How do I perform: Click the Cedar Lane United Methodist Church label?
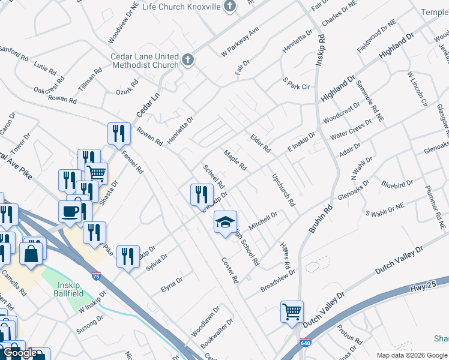145,61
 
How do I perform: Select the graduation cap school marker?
226,223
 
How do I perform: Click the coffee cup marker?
70,212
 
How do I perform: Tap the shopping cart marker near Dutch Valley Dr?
292,311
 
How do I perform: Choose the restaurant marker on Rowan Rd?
119,134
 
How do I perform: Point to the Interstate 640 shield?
297,349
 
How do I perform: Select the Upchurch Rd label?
284,190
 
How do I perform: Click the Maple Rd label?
235,160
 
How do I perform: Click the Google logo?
19,353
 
